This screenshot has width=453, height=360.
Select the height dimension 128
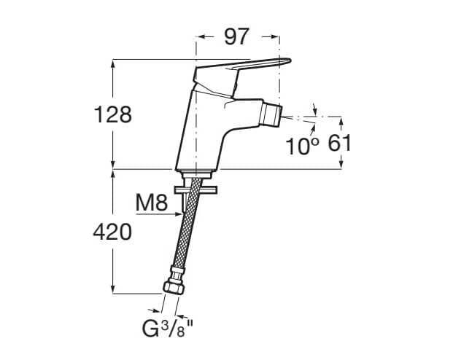click(113, 114)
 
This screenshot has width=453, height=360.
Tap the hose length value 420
click(112, 232)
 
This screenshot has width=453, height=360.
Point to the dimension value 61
click(340, 143)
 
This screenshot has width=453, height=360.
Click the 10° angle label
click(303, 146)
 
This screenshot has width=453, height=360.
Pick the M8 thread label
click(152, 203)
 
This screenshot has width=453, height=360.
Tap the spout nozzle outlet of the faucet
click(272, 115)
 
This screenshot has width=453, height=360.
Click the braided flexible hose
click(184, 233)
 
